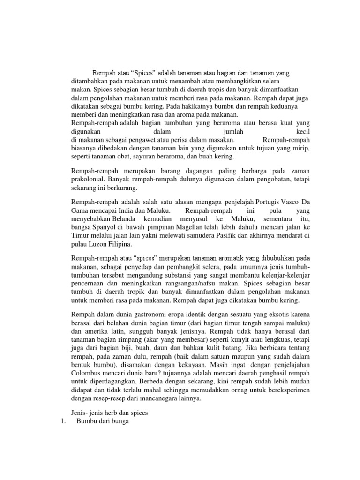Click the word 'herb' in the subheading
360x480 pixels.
coord(111,412)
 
